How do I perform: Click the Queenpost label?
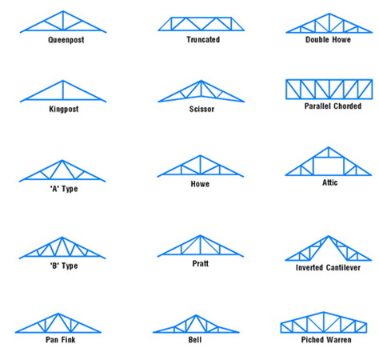coord(66,40)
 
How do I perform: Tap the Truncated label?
coord(203,39)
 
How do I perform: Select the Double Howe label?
coord(328,39)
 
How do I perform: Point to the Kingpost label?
coord(64,109)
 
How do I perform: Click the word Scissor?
coord(201,109)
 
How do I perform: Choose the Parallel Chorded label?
coord(333,106)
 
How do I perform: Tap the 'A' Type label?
coord(64,189)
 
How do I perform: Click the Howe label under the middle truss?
coord(200,184)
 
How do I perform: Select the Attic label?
coord(330,182)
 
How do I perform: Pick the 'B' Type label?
coord(64,266)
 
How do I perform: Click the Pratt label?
coord(201,263)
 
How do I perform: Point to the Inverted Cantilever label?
coord(328,267)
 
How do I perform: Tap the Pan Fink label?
coord(61,339)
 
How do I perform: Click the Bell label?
coord(195,340)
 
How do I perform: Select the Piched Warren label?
coord(326,339)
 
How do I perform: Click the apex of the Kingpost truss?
coord(63,81)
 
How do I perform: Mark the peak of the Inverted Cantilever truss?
coord(329,236)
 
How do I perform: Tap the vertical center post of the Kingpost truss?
coord(63,90)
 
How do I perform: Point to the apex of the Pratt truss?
coord(200,235)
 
